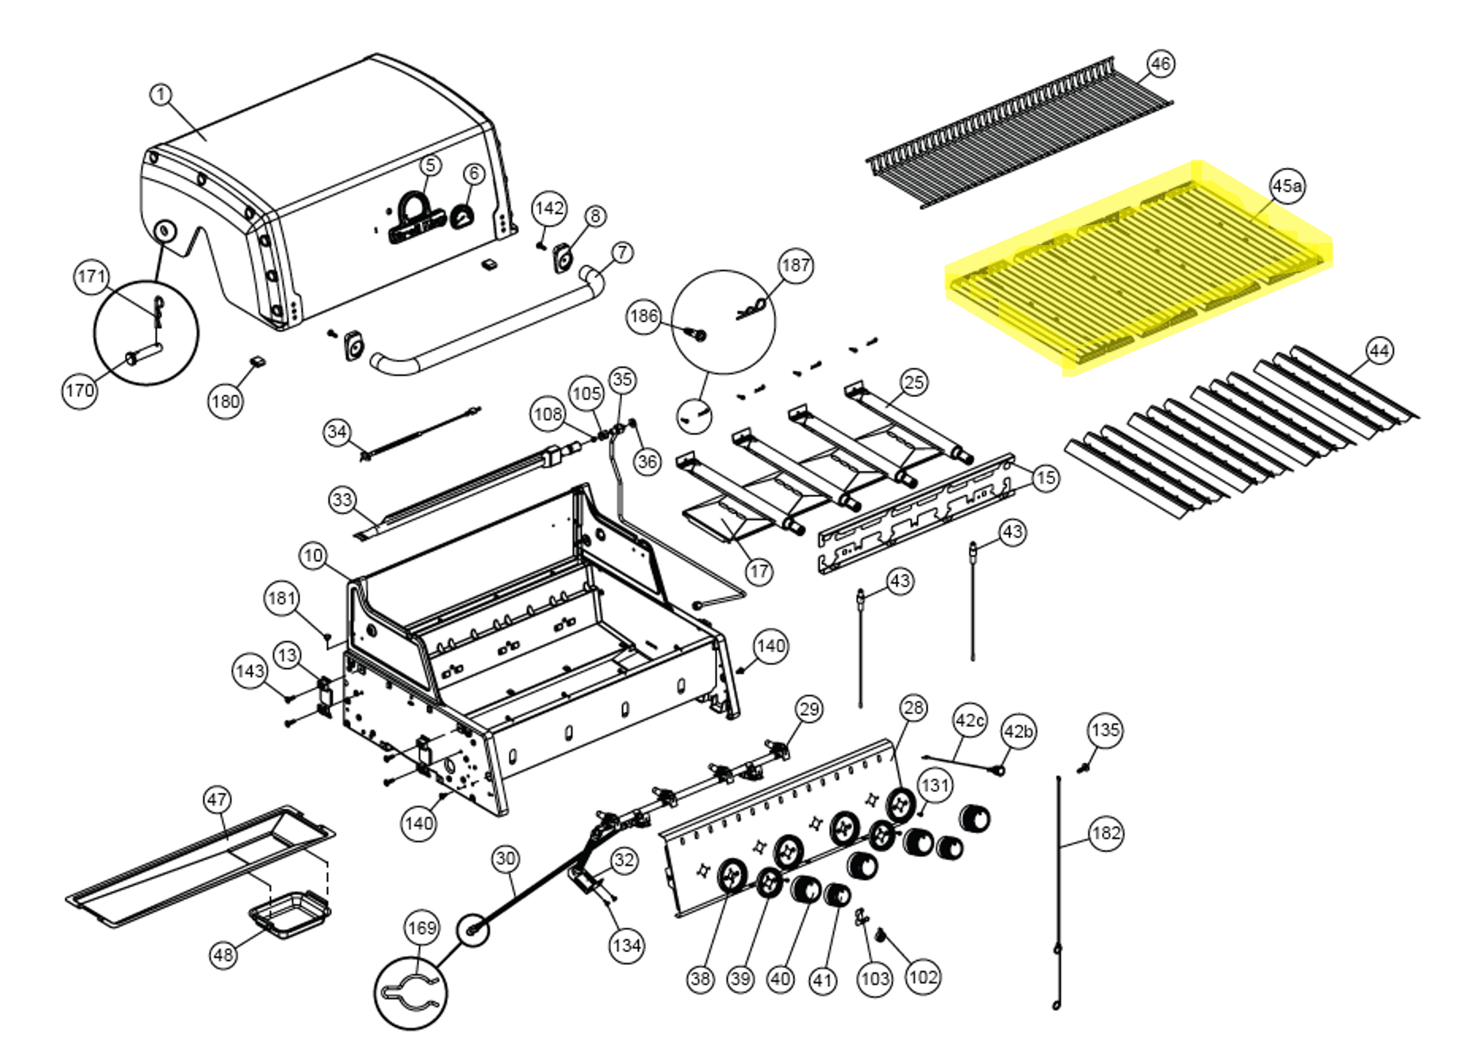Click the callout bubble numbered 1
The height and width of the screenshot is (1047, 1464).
coord(161,95)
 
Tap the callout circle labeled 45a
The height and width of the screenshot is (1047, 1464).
coord(1286,186)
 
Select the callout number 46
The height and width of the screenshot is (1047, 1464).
coord(1160,64)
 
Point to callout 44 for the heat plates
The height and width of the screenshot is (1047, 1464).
coord(1379,351)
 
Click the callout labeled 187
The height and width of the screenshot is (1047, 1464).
coord(796,265)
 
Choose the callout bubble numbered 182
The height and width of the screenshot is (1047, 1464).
coord(1106,833)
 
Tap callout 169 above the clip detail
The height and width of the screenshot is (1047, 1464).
coord(422,928)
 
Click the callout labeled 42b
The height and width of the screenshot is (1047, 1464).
coord(1018,732)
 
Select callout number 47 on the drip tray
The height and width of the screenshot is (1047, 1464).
coord(217,800)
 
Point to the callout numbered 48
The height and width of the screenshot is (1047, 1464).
coord(224,954)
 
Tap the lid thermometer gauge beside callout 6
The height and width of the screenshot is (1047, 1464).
coord(462,216)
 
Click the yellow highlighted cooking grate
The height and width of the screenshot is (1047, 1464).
coord(1134,271)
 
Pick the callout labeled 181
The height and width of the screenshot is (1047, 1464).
coord(282,598)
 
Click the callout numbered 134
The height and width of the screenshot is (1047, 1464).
coord(626,946)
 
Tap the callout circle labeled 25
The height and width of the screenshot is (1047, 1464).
coord(914,382)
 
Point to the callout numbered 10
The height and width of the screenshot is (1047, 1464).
coord(313,556)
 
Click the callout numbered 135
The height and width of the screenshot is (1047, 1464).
coord(1106,730)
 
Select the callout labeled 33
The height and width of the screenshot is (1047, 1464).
coord(343,500)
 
